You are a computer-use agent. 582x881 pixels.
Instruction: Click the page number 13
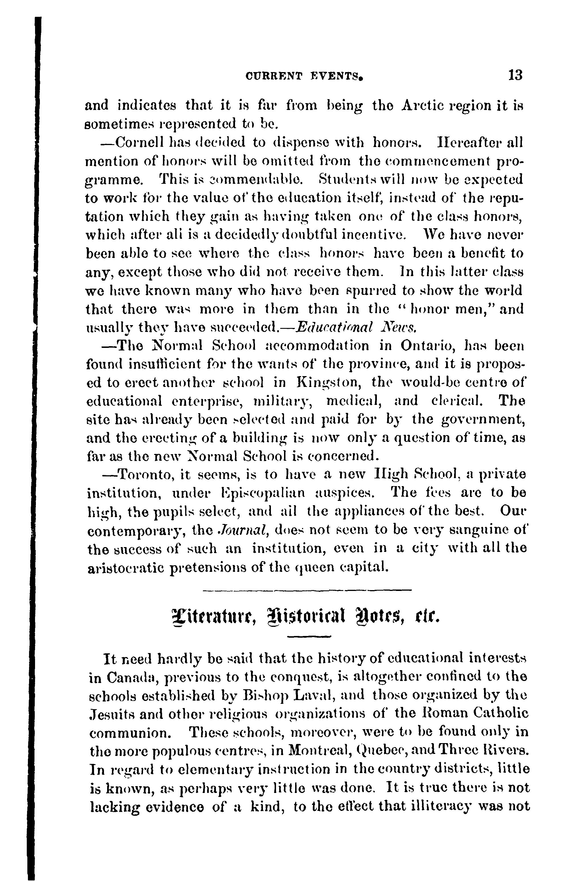515,76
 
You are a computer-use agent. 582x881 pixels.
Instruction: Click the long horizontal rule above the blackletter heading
308,590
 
